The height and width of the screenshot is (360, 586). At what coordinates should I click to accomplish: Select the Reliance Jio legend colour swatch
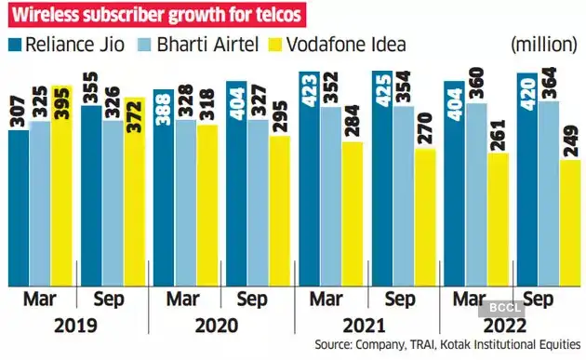tap(15, 44)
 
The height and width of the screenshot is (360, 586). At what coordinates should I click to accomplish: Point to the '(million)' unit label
tap(545, 44)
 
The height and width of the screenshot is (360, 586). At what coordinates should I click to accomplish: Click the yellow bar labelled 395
tap(61, 186)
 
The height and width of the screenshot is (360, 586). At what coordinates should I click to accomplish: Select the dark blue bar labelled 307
tap(19, 205)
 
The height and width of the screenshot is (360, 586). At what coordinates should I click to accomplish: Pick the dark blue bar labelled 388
tap(163, 186)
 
